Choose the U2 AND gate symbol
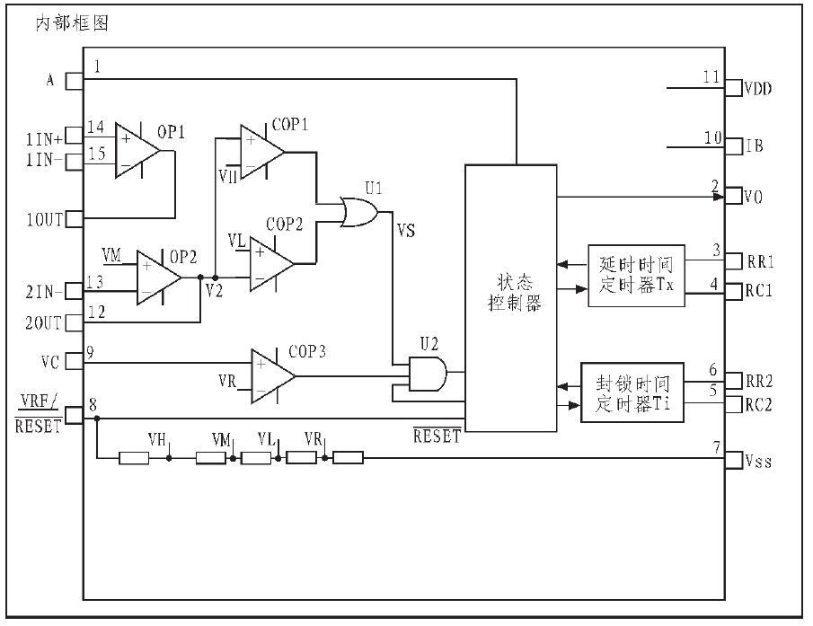pos(427,372)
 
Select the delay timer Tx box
pos(636,276)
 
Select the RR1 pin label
pos(760,261)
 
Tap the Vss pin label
pos(758,462)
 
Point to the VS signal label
pos(405,231)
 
